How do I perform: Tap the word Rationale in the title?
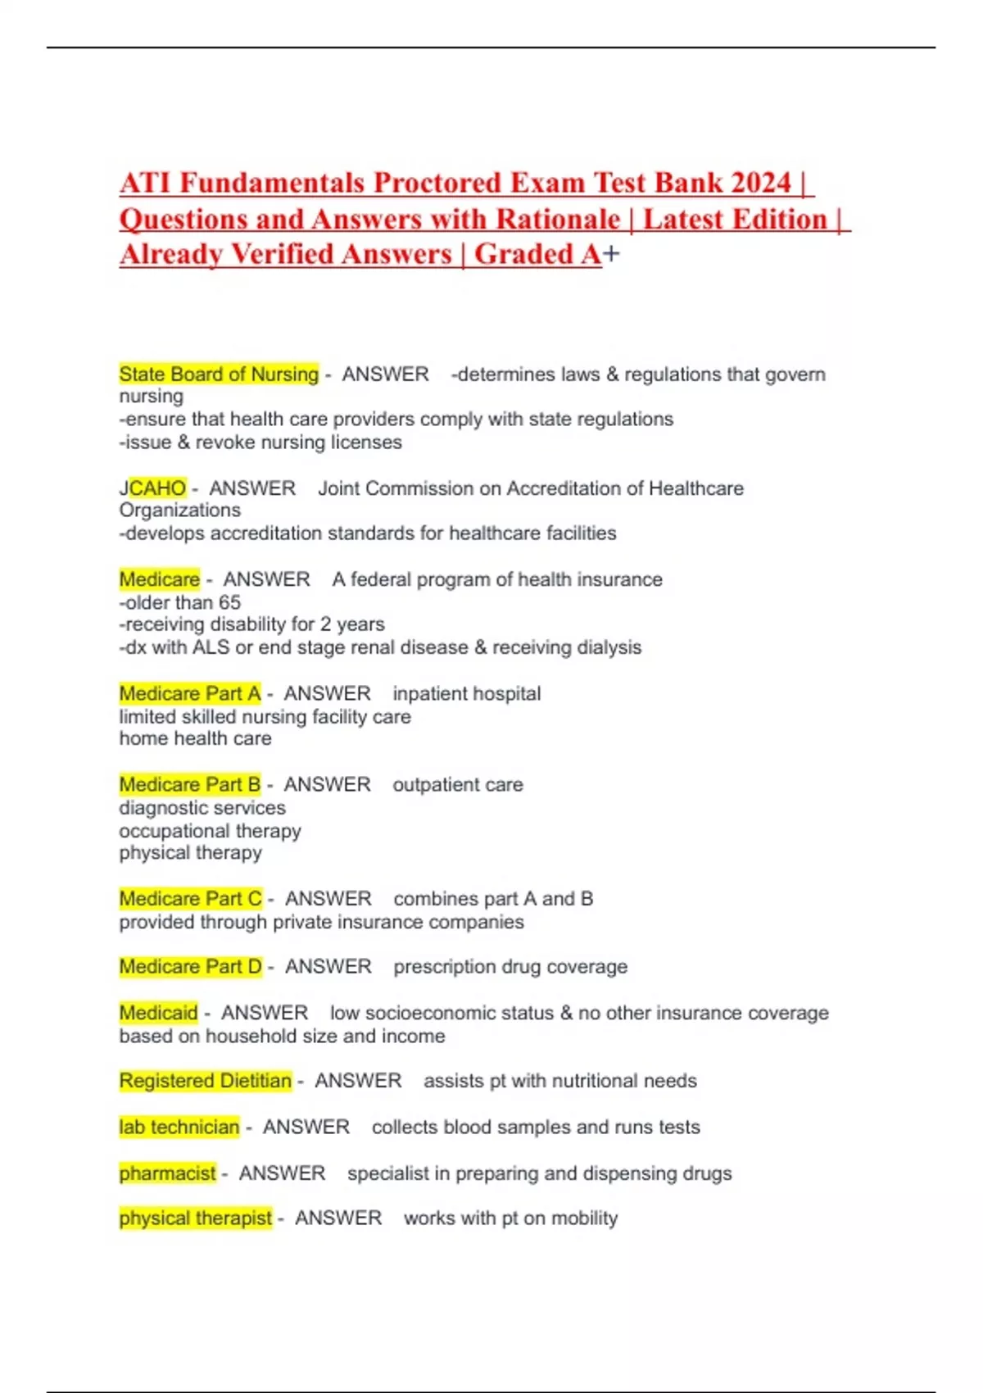point(558,220)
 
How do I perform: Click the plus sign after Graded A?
point(611,255)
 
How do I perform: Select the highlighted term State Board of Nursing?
point(219,374)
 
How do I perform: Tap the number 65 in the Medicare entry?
point(229,602)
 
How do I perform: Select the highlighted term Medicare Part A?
point(190,694)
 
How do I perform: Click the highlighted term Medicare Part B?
point(190,785)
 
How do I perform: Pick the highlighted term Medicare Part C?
point(191,899)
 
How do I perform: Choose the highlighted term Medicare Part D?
point(191,967)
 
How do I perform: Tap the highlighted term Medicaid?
point(159,1013)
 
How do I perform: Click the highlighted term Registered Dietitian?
point(206,1081)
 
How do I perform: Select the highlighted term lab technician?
point(179,1128)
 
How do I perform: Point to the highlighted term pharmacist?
point(168,1173)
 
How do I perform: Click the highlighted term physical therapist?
point(196,1218)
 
